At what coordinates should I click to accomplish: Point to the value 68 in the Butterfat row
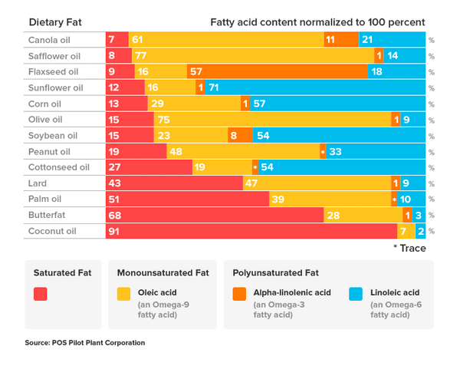116,216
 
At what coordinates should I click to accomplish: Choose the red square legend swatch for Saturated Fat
41,294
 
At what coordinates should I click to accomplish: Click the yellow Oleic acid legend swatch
123,294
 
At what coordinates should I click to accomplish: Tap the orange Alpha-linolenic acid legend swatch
240,294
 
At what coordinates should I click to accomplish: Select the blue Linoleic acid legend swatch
356,294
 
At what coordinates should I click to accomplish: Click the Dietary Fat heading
55,22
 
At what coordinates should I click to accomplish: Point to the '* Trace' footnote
409,248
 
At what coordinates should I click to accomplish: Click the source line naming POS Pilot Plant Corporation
85,342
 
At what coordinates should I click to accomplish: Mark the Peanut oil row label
48,152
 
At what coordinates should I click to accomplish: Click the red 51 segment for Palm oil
187,199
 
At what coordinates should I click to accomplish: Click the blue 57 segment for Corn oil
337,104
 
